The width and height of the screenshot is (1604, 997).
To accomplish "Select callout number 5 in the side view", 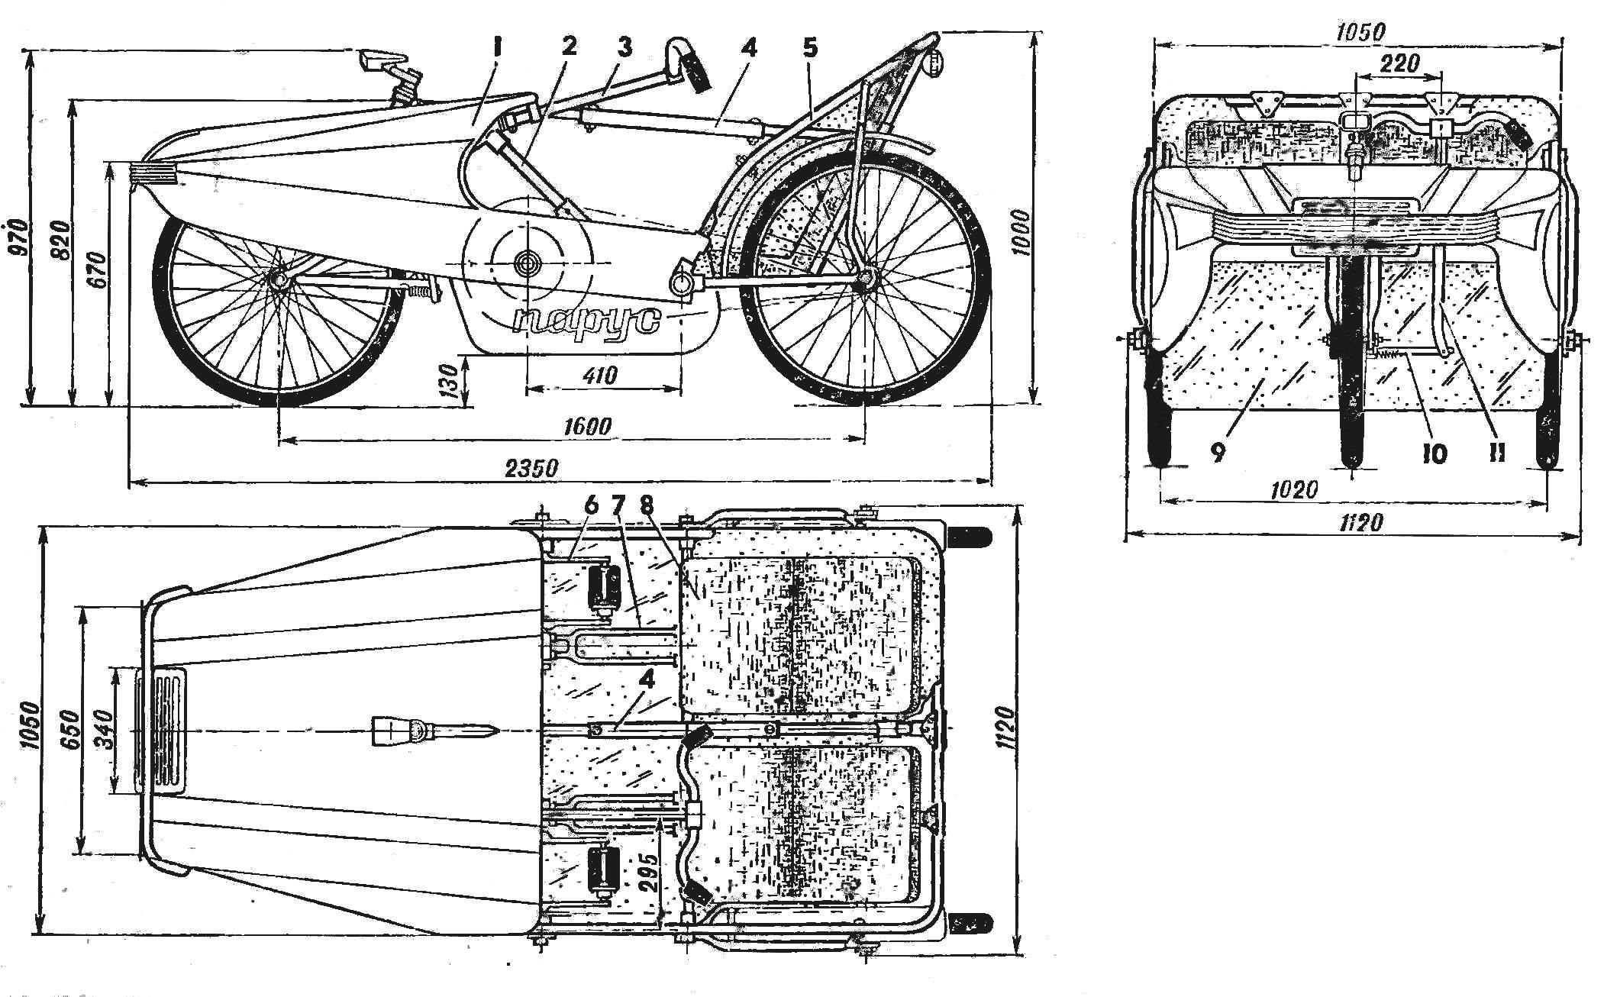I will [810, 49].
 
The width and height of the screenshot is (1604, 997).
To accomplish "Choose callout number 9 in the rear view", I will [1217, 453].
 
